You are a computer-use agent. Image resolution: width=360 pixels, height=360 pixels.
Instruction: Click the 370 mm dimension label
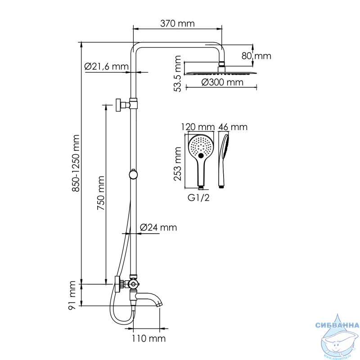point(177,23)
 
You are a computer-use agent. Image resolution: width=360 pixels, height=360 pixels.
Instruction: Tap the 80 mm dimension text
point(256,56)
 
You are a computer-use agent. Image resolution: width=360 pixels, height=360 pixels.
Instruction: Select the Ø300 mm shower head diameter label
point(222,82)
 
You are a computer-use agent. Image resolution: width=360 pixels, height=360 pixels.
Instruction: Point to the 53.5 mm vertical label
point(177,74)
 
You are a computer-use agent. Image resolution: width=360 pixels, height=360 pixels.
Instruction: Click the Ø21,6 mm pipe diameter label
point(106,66)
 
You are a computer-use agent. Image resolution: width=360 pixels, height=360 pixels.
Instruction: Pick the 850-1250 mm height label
point(76,163)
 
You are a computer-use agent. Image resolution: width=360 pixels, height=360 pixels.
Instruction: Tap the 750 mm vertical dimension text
point(101,193)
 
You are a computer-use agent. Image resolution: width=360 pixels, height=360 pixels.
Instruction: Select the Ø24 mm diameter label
point(158,227)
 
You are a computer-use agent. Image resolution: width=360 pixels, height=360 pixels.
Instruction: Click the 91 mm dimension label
point(72,295)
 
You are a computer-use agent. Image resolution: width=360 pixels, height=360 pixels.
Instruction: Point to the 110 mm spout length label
point(148,338)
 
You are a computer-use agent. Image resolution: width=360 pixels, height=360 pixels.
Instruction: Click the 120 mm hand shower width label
point(198,127)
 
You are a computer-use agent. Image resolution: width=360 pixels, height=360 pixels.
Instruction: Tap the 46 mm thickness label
point(233,127)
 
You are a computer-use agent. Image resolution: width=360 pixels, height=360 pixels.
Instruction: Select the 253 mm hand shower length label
point(177,164)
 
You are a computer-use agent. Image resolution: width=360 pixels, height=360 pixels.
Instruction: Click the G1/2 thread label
point(198,198)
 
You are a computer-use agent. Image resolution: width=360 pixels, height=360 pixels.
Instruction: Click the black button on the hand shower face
point(201,156)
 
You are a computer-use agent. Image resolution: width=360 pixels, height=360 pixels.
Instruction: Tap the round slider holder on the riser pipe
point(133,174)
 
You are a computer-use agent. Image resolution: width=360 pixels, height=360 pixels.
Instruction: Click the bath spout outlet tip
point(160,305)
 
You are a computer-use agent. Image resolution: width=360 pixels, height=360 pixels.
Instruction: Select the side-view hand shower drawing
point(223,161)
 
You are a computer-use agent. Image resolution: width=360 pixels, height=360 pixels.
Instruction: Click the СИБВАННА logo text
point(337,325)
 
